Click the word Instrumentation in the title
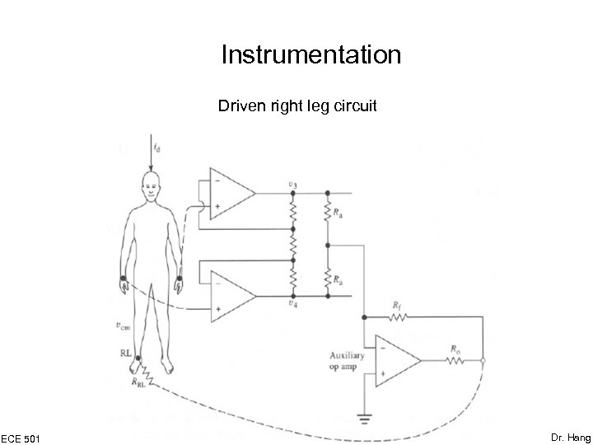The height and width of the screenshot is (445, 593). click(x=311, y=55)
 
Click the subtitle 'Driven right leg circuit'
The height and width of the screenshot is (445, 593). click(x=297, y=106)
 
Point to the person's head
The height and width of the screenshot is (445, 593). click(x=150, y=183)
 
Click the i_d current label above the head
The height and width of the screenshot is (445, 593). click(x=157, y=149)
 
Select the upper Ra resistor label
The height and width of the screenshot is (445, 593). click(x=339, y=211)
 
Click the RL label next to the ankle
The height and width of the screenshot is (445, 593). click(x=125, y=356)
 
